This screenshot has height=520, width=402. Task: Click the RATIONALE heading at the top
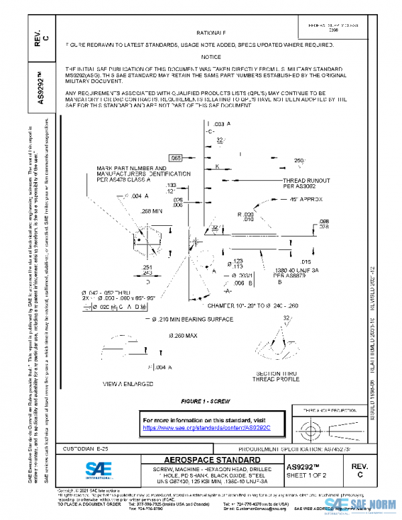point(211,32)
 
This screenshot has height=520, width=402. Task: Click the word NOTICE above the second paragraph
point(211,57)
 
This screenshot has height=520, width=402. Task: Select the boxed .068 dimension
point(176,157)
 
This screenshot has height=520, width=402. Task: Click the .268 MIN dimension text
point(152,211)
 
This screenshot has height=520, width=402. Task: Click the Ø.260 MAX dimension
point(182,334)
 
